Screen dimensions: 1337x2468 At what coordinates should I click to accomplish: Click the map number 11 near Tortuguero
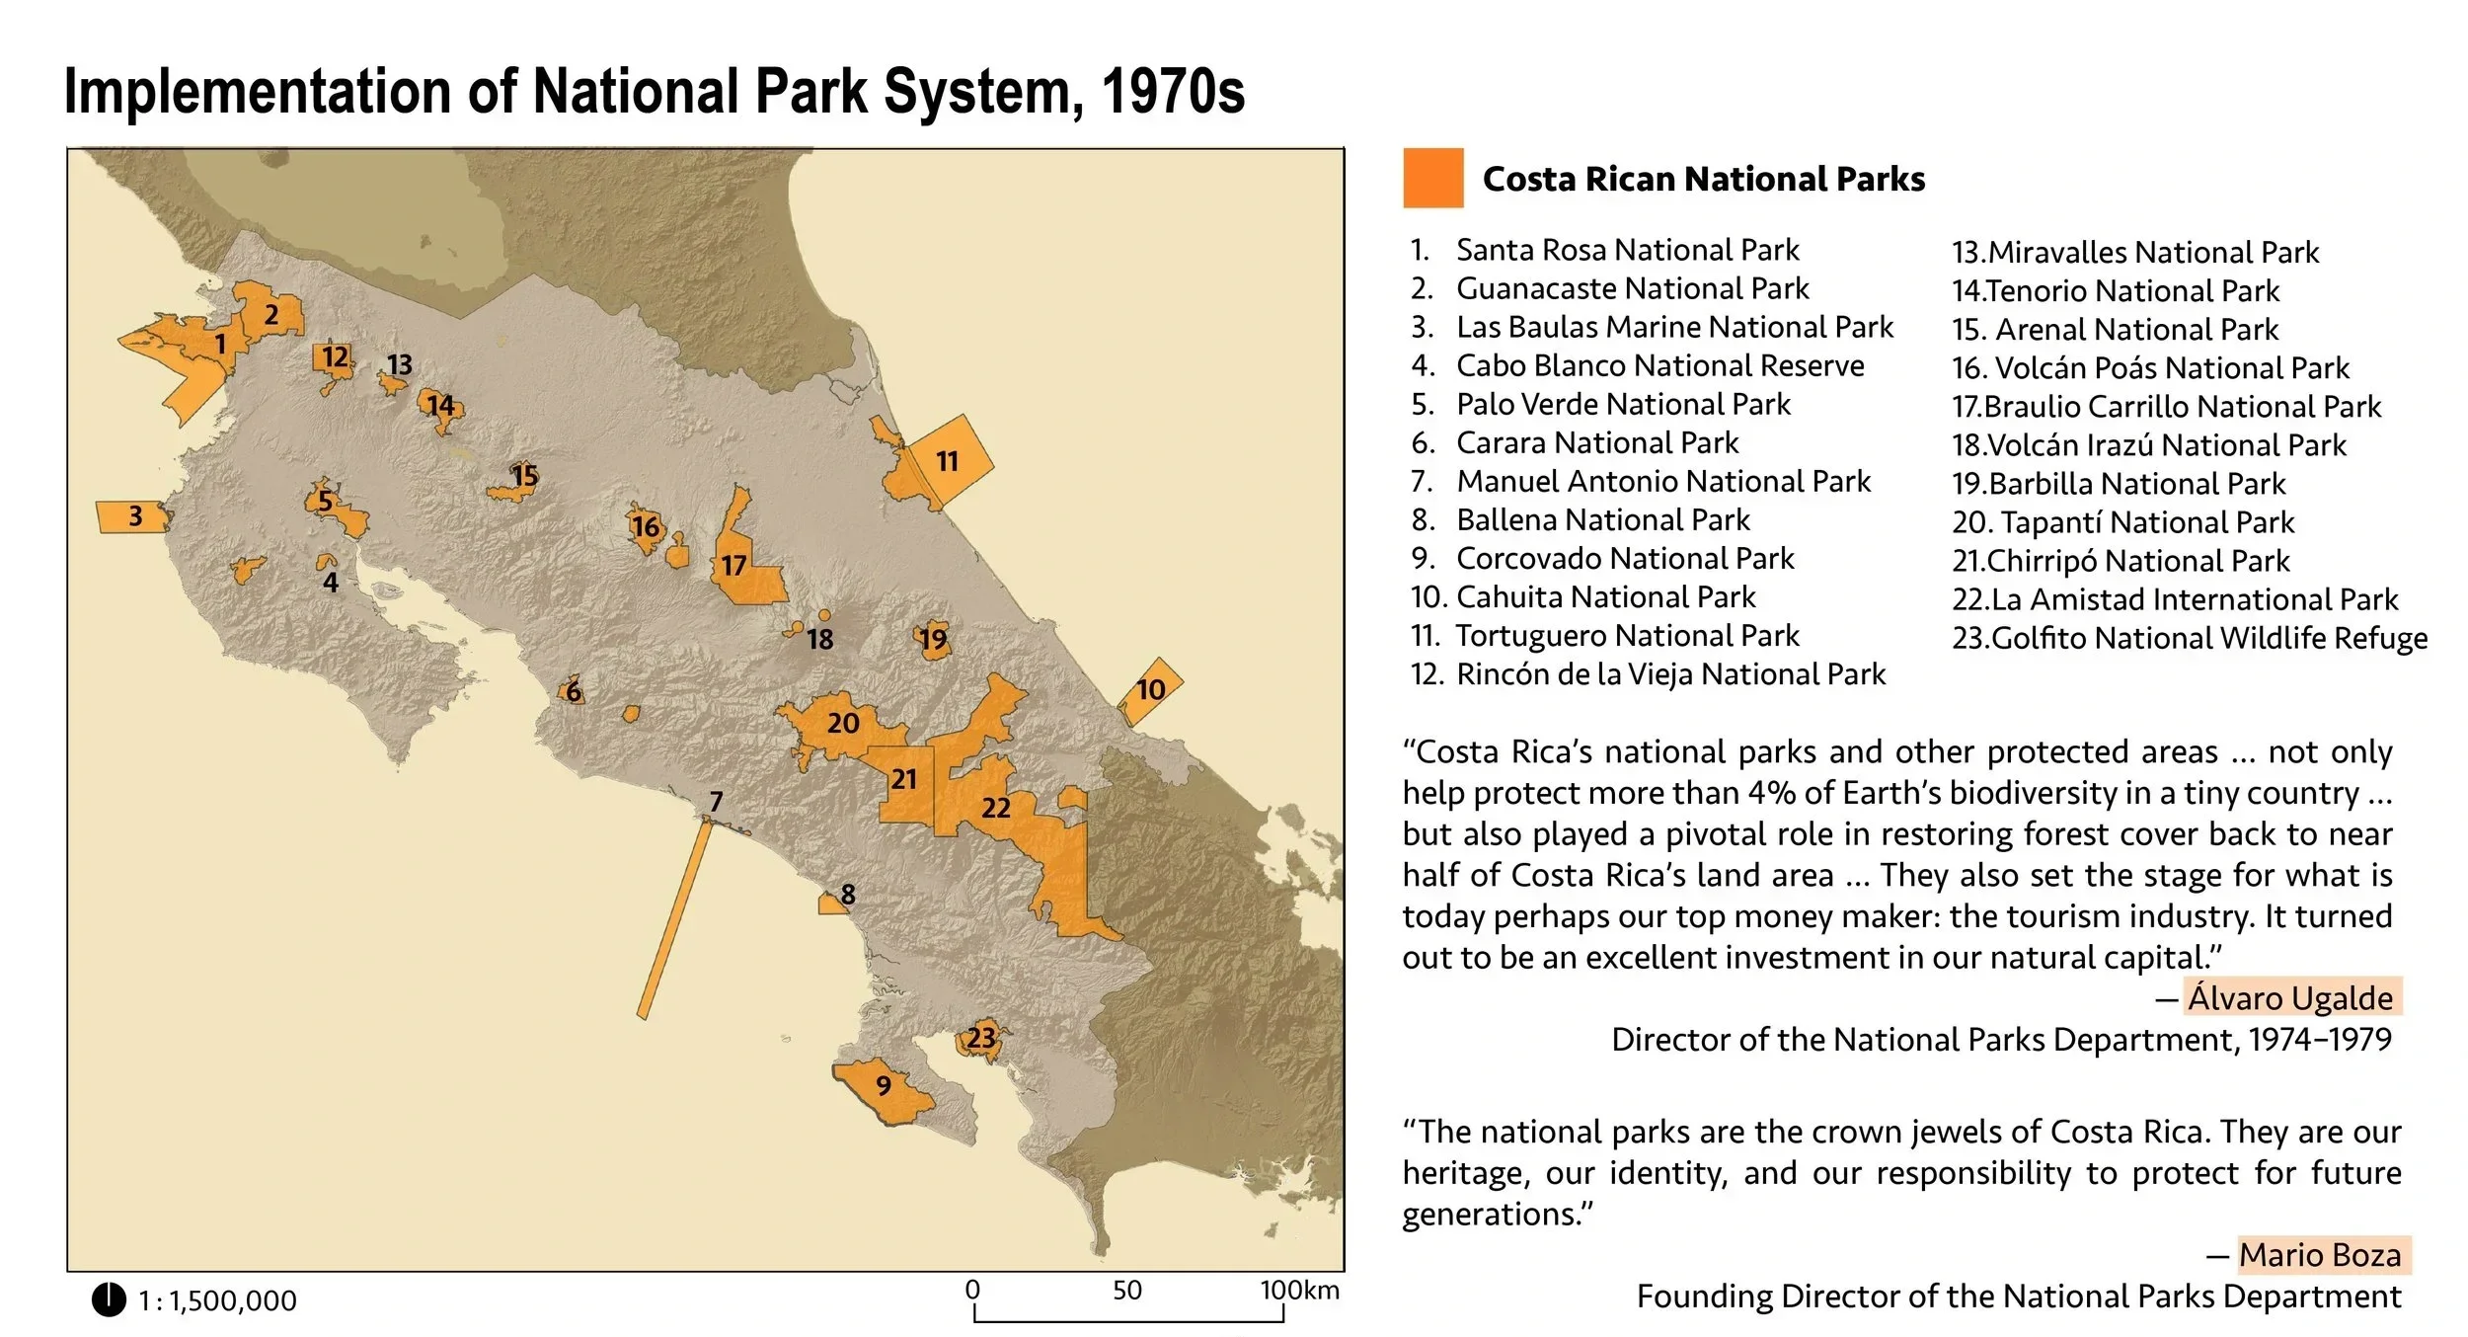pos(947,461)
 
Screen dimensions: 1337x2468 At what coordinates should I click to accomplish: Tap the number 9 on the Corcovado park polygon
pos(884,1085)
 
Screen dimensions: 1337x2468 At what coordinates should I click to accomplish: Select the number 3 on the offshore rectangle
pos(135,515)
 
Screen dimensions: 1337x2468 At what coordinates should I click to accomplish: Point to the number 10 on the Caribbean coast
pos(1150,689)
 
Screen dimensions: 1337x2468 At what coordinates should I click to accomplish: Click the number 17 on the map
pos(733,565)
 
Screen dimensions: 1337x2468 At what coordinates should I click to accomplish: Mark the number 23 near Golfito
pos(981,1038)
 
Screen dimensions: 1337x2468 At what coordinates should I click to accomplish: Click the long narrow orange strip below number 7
pos(674,918)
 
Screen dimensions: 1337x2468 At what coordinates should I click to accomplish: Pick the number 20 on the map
pos(843,723)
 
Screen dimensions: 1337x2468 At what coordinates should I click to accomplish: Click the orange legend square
pos(1432,178)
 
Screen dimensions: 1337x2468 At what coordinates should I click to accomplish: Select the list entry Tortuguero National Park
pos(1627,635)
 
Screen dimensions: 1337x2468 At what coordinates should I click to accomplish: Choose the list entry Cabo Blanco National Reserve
pos(1659,365)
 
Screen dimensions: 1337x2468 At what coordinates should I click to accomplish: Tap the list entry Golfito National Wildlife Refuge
pos(2190,638)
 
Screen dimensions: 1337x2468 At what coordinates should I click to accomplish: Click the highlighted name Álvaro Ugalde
pos(2290,997)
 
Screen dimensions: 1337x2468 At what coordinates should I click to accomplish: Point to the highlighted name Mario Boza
pos(2320,1254)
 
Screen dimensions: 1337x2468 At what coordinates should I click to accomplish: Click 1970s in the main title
pos(1172,92)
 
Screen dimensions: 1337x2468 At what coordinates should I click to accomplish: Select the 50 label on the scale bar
pos(1126,1290)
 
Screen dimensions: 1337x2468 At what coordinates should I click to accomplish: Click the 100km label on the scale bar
pos(1298,1290)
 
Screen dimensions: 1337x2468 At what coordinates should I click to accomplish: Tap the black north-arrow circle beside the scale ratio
pos(109,1299)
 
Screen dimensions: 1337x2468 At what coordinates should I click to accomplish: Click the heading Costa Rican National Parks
pos(1703,179)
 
